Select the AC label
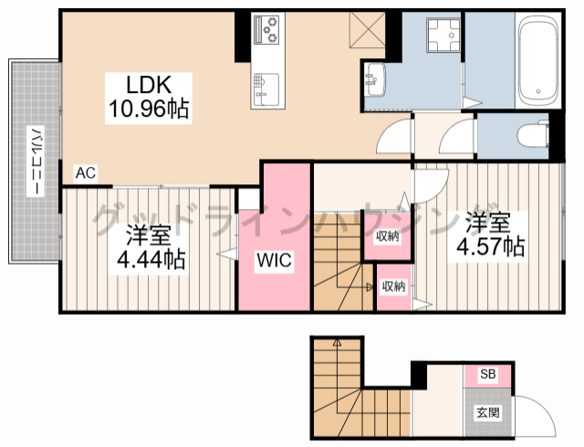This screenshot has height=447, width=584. [x=86, y=172]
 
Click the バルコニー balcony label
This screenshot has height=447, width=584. [x=34, y=161]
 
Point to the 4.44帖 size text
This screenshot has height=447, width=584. [x=151, y=260]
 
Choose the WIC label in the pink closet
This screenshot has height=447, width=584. [x=273, y=261]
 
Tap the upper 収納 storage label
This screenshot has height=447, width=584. [x=388, y=236]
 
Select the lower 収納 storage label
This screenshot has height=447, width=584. [x=393, y=286]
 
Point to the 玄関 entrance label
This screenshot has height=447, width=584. [x=487, y=412]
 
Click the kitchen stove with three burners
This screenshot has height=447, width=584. [x=269, y=31]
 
